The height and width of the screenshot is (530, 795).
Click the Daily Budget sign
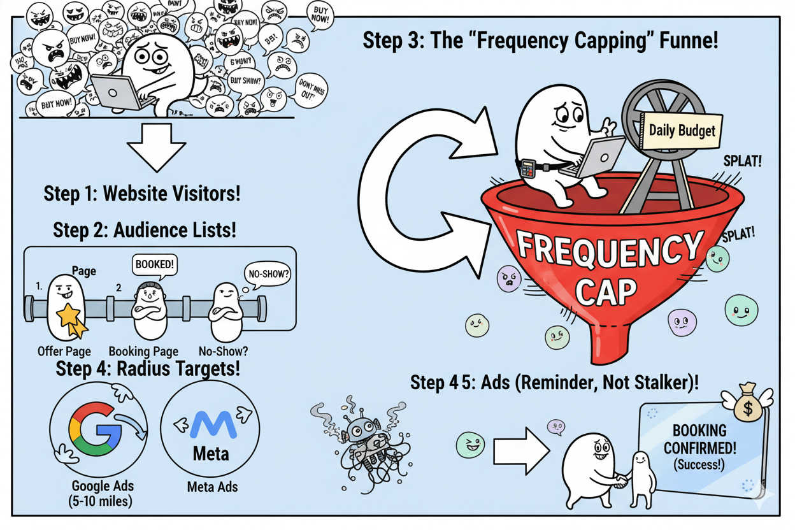tap(681, 131)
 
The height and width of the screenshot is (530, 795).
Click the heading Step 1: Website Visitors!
tap(142, 193)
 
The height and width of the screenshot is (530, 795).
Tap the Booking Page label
tap(143, 351)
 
